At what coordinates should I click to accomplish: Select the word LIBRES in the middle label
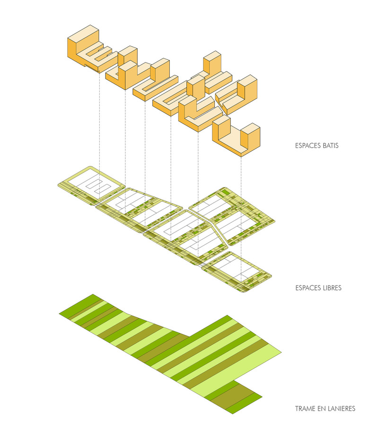331,288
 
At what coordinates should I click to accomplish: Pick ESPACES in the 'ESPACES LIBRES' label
306,288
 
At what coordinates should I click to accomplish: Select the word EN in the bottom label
321,409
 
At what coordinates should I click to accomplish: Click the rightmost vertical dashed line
242,213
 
